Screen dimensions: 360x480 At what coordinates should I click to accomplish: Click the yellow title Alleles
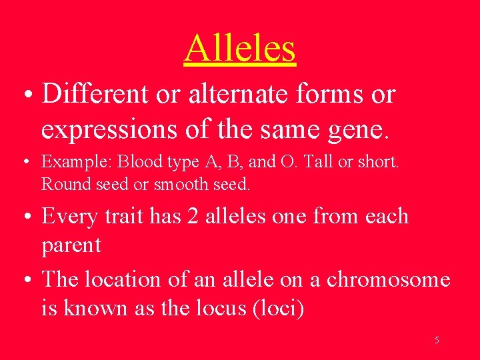tap(239, 48)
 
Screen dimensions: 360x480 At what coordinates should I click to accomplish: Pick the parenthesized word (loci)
tap(279, 309)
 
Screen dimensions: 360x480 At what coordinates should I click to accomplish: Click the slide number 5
tap(437, 340)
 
